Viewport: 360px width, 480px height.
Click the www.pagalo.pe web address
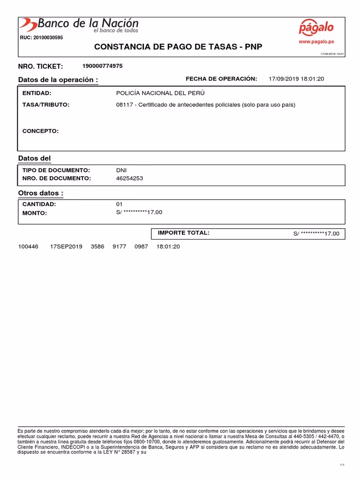(316, 42)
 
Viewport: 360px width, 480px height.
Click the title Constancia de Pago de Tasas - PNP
(178, 47)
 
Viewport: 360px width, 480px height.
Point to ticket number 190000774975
(102, 66)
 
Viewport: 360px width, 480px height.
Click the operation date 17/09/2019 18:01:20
(296, 79)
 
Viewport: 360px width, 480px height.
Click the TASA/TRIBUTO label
(45, 105)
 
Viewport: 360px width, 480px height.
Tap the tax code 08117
(124, 105)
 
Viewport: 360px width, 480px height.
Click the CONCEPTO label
(40, 131)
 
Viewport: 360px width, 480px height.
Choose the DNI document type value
(121, 170)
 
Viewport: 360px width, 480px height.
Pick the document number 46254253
(129, 178)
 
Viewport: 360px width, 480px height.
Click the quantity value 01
(119, 204)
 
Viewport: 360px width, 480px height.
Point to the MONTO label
(35, 213)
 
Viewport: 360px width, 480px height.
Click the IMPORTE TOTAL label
(183, 233)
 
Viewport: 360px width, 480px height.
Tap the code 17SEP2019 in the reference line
(66, 247)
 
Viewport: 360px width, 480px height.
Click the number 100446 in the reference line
(28, 247)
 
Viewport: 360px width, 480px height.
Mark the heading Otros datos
(40, 193)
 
